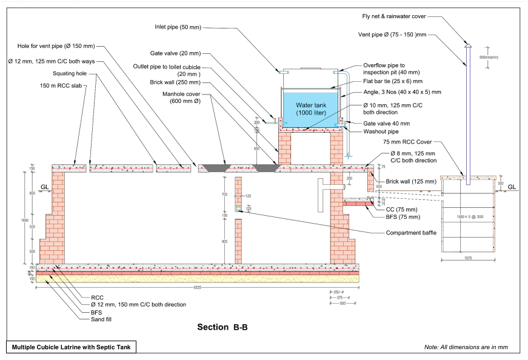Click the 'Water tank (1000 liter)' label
[x=310, y=109]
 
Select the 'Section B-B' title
[x=222, y=327]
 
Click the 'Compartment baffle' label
[x=411, y=233]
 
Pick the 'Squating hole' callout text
[x=70, y=73]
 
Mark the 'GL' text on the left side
[x=44, y=188]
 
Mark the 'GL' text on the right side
[x=512, y=187]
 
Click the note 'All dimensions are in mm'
[x=466, y=347]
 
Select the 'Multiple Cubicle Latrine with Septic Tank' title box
[x=71, y=347]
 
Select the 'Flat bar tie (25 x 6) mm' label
[x=392, y=81]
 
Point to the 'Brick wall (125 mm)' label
[x=410, y=181]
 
